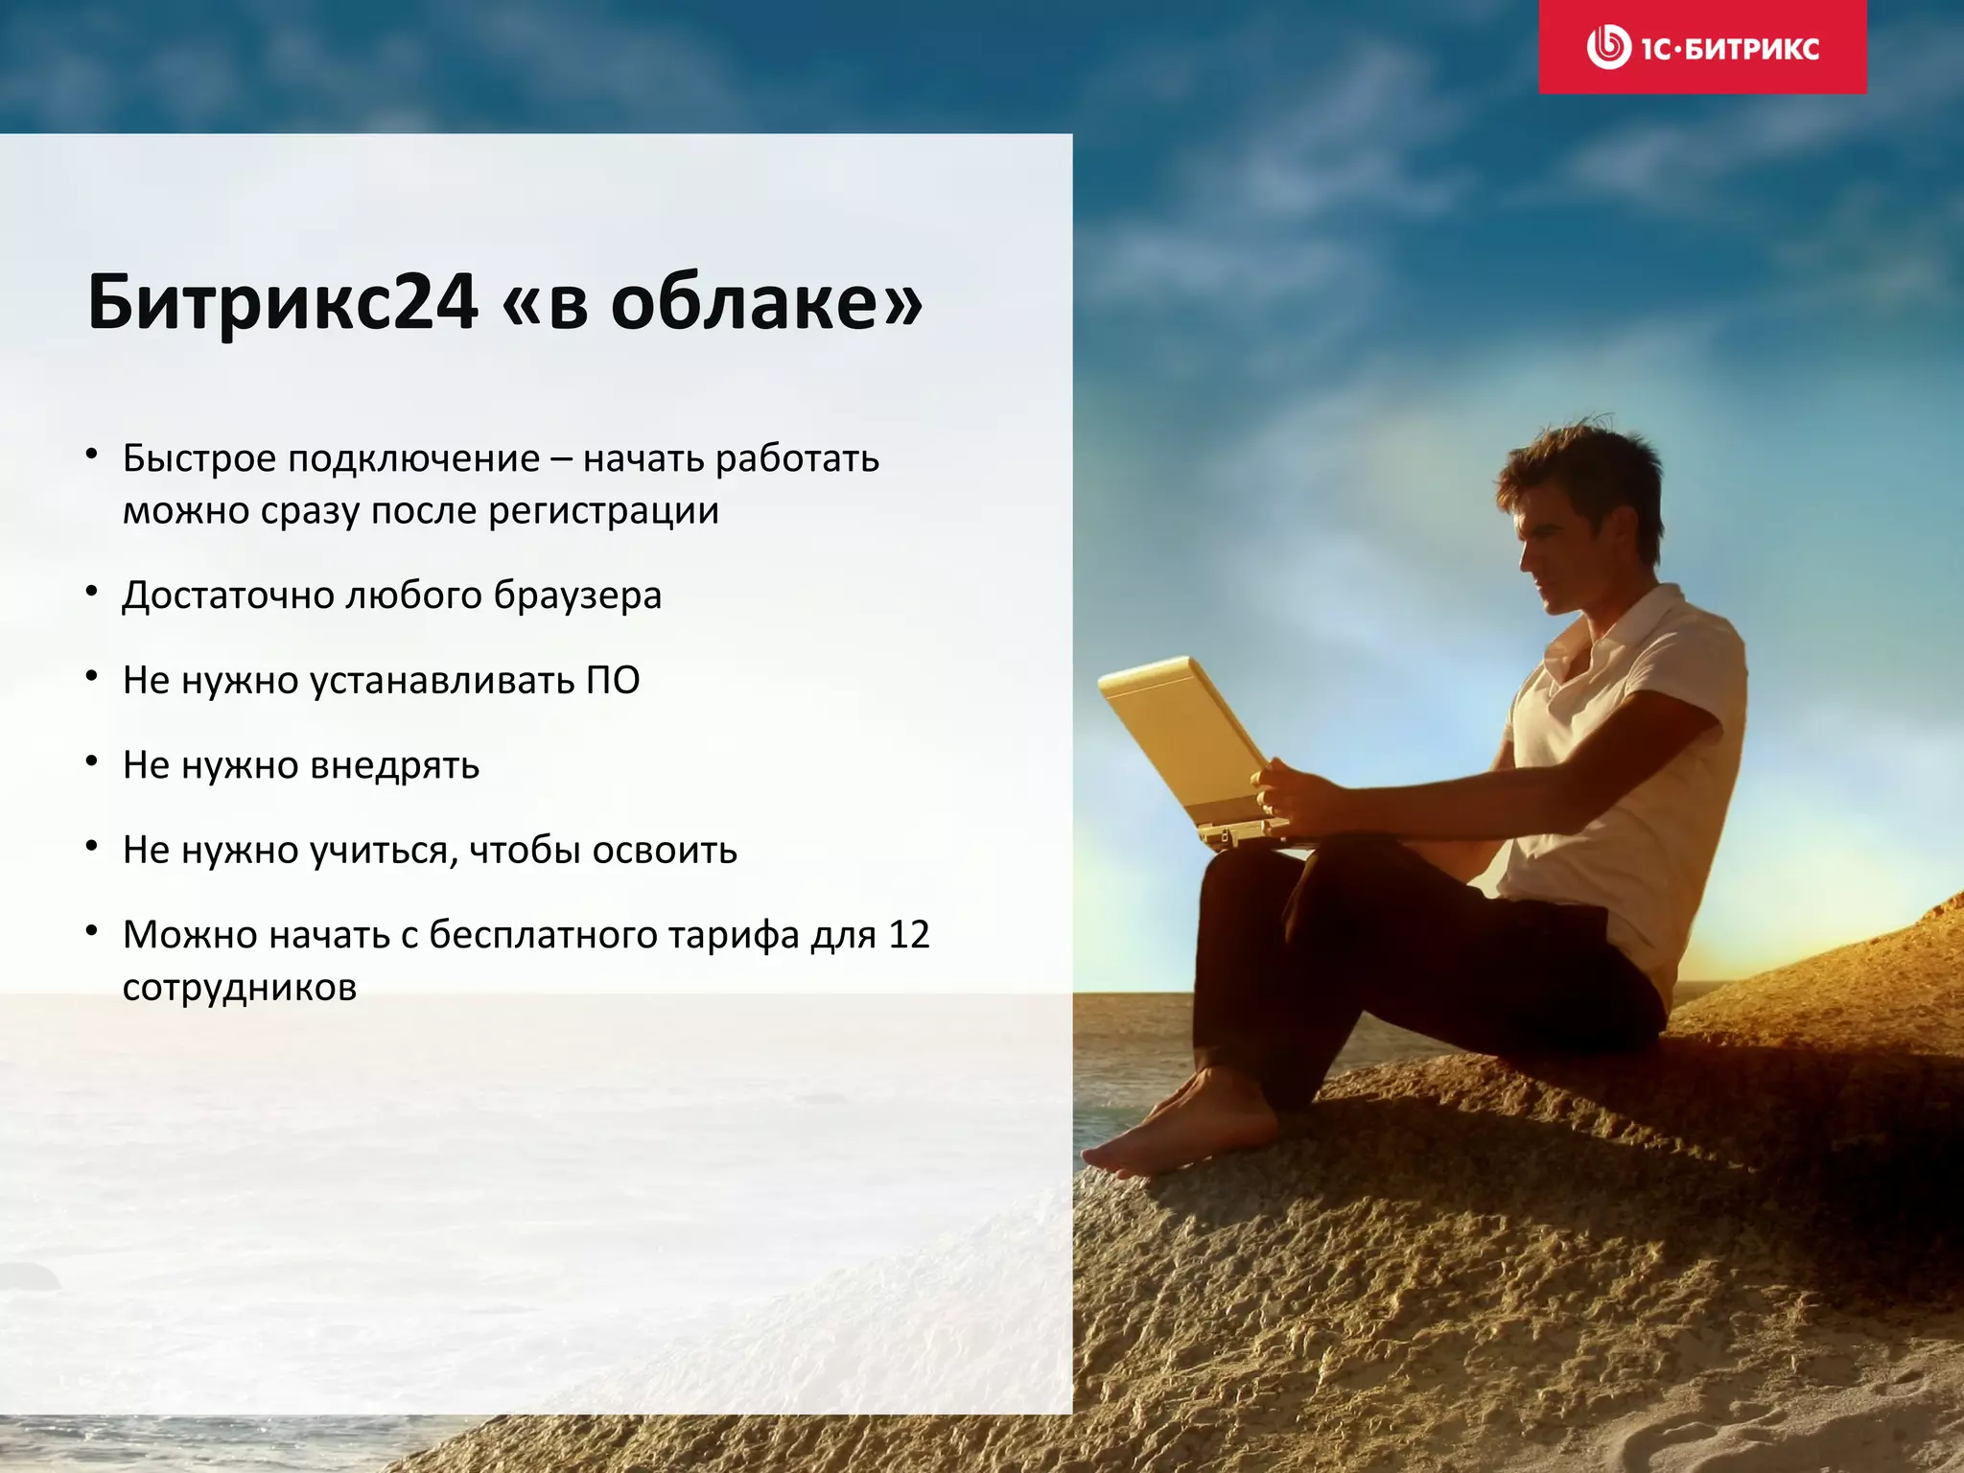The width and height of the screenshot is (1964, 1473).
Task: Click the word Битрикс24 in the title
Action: coord(283,302)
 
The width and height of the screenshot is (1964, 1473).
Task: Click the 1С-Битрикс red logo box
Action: coord(1702,47)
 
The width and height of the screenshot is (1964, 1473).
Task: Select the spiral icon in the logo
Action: coord(1608,47)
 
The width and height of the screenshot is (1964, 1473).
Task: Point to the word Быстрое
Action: coord(199,458)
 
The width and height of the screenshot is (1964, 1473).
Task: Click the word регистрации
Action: coord(603,510)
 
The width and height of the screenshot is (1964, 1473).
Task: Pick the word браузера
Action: coord(577,596)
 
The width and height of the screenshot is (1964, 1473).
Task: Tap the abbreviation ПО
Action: coord(612,680)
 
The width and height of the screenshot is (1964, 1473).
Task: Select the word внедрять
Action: coord(395,765)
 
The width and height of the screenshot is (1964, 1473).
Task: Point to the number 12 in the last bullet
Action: coord(909,935)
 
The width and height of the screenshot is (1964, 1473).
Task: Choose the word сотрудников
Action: coord(240,987)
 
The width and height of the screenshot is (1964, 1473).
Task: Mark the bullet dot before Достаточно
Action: coord(92,593)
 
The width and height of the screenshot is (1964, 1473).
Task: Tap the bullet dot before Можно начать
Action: coord(92,931)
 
